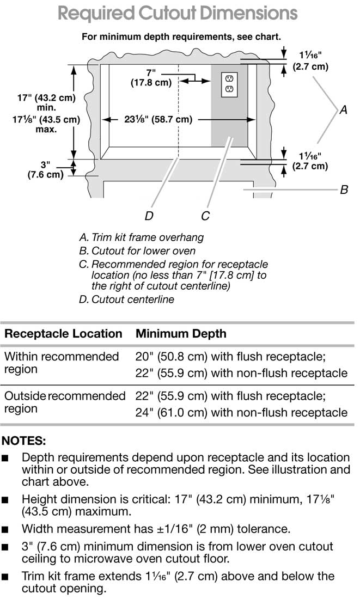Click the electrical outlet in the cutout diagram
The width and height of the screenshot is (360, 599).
(x=229, y=84)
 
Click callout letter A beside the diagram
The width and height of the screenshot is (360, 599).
(x=343, y=110)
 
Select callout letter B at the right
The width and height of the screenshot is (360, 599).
(x=344, y=190)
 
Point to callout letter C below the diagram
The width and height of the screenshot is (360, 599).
(x=205, y=216)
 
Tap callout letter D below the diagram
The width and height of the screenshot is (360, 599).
(x=149, y=216)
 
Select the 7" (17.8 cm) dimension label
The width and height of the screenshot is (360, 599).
(x=151, y=78)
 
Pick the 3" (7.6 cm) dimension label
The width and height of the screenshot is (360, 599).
(x=45, y=169)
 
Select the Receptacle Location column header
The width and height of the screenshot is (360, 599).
(x=63, y=333)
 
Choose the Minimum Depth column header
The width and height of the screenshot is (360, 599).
(x=181, y=333)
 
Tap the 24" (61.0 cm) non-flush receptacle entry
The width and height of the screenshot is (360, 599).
(x=241, y=412)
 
